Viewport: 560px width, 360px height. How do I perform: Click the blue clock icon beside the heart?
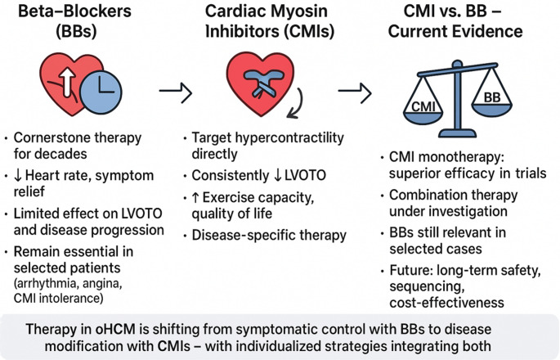(101, 92)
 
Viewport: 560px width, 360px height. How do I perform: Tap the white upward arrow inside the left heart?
(68, 82)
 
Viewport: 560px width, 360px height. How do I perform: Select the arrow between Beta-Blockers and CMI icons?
(175, 93)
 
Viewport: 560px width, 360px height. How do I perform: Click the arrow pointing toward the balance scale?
(355, 93)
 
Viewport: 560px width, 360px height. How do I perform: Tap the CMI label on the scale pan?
(423, 106)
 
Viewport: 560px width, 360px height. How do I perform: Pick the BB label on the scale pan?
(492, 97)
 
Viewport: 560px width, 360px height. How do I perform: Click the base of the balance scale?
(457, 133)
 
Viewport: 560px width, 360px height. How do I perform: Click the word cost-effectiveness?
(447, 303)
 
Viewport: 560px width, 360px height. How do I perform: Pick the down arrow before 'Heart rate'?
(18, 176)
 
